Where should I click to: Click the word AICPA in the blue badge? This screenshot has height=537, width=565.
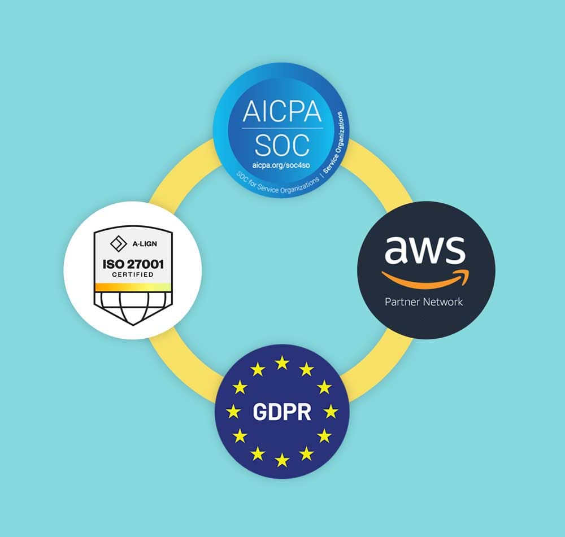[282, 111]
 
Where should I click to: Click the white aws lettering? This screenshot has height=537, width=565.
[425, 250]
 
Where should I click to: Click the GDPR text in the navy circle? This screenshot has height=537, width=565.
[282, 412]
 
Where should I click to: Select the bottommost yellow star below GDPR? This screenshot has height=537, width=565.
[282, 460]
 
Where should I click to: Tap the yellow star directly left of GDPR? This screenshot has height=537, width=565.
[233, 412]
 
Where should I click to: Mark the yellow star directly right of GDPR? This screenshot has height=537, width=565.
[331, 412]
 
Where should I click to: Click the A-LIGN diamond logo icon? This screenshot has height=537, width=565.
[118, 243]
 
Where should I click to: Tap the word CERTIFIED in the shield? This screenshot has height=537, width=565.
[133, 274]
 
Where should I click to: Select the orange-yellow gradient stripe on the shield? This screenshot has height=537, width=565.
[133, 287]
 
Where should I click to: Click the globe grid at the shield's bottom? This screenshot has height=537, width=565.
[133, 308]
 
